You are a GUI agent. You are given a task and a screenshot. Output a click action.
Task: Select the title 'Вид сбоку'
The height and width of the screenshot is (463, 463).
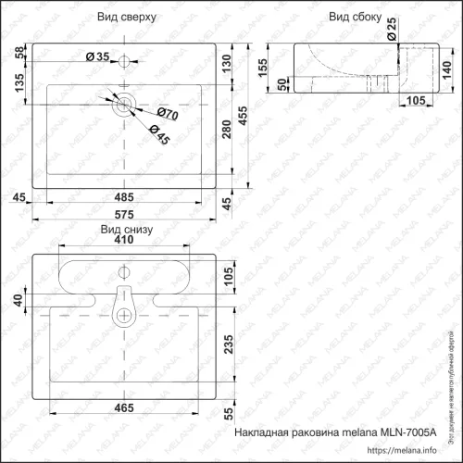[x=350, y=18]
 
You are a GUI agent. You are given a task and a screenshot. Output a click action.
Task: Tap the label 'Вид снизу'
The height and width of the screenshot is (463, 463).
[x=126, y=228]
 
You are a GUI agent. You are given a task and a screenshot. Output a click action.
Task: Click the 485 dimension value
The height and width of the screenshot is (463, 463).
[x=126, y=195]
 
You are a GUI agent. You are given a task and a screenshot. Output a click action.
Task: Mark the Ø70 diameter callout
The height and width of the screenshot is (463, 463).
[x=168, y=114]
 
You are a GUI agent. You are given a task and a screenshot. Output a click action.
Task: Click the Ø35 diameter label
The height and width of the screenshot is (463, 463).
[x=97, y=58]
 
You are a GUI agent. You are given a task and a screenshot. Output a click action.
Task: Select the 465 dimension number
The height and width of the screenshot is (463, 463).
[x=126, y=407]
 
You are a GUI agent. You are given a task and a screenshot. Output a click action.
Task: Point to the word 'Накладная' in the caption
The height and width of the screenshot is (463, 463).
[x=264, y=432]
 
